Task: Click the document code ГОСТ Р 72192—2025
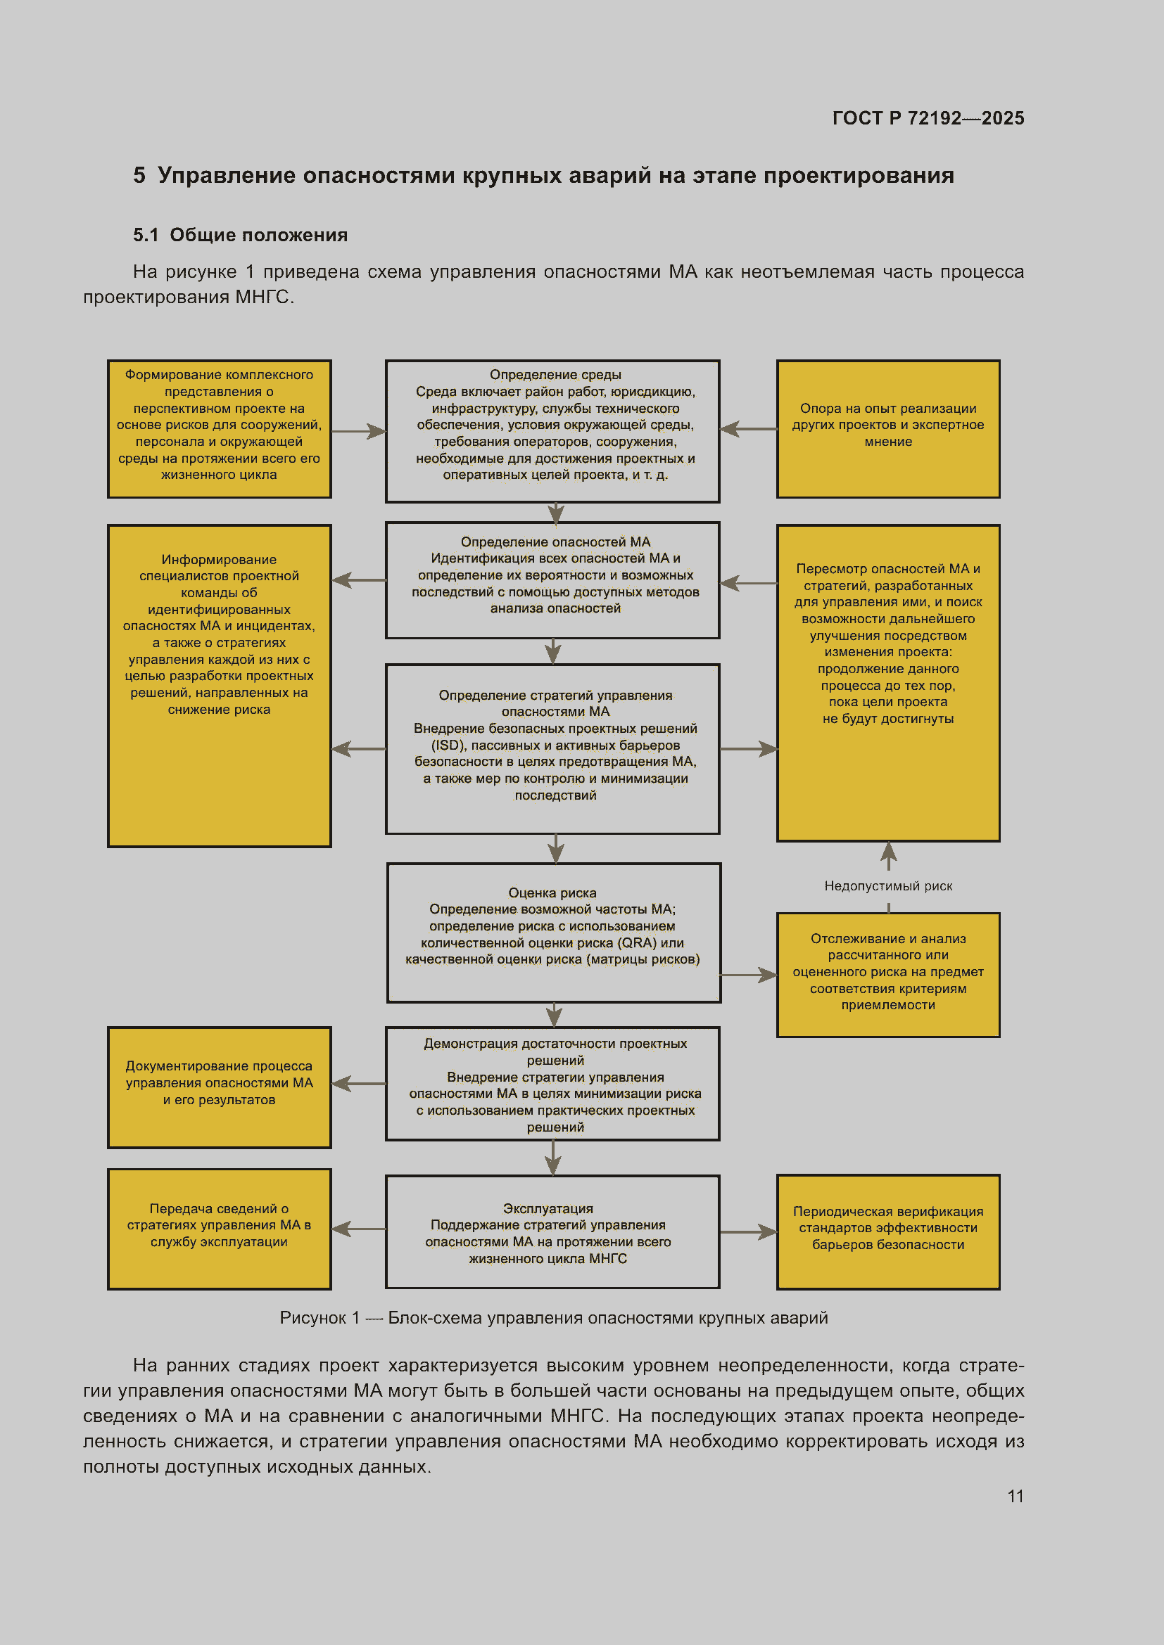coord(928,118)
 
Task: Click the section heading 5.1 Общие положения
coord(240,235)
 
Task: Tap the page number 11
coord(1016,1496)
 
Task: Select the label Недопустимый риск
coord(888,885)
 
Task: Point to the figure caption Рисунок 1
coord(553,1317)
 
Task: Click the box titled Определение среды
coord(552,431)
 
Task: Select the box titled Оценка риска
coord(554,932)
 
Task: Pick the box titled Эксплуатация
coord(552,1231)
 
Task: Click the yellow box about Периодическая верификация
coord(888,1231)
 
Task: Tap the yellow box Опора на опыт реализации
coord(888,428)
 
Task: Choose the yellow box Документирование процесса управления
coord(220,1087)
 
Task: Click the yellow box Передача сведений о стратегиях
coord(220,1229)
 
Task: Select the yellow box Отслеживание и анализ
coord(888,974)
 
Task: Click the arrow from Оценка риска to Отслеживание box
coord(749,974)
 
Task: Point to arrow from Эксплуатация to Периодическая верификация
coord(749,1231)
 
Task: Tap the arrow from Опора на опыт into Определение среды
coord(749,428)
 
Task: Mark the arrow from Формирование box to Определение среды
coord(358,431)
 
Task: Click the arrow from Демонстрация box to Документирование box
coord(358,1083)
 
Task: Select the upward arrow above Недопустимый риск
coord(889,855)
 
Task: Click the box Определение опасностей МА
coord(552,580)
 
